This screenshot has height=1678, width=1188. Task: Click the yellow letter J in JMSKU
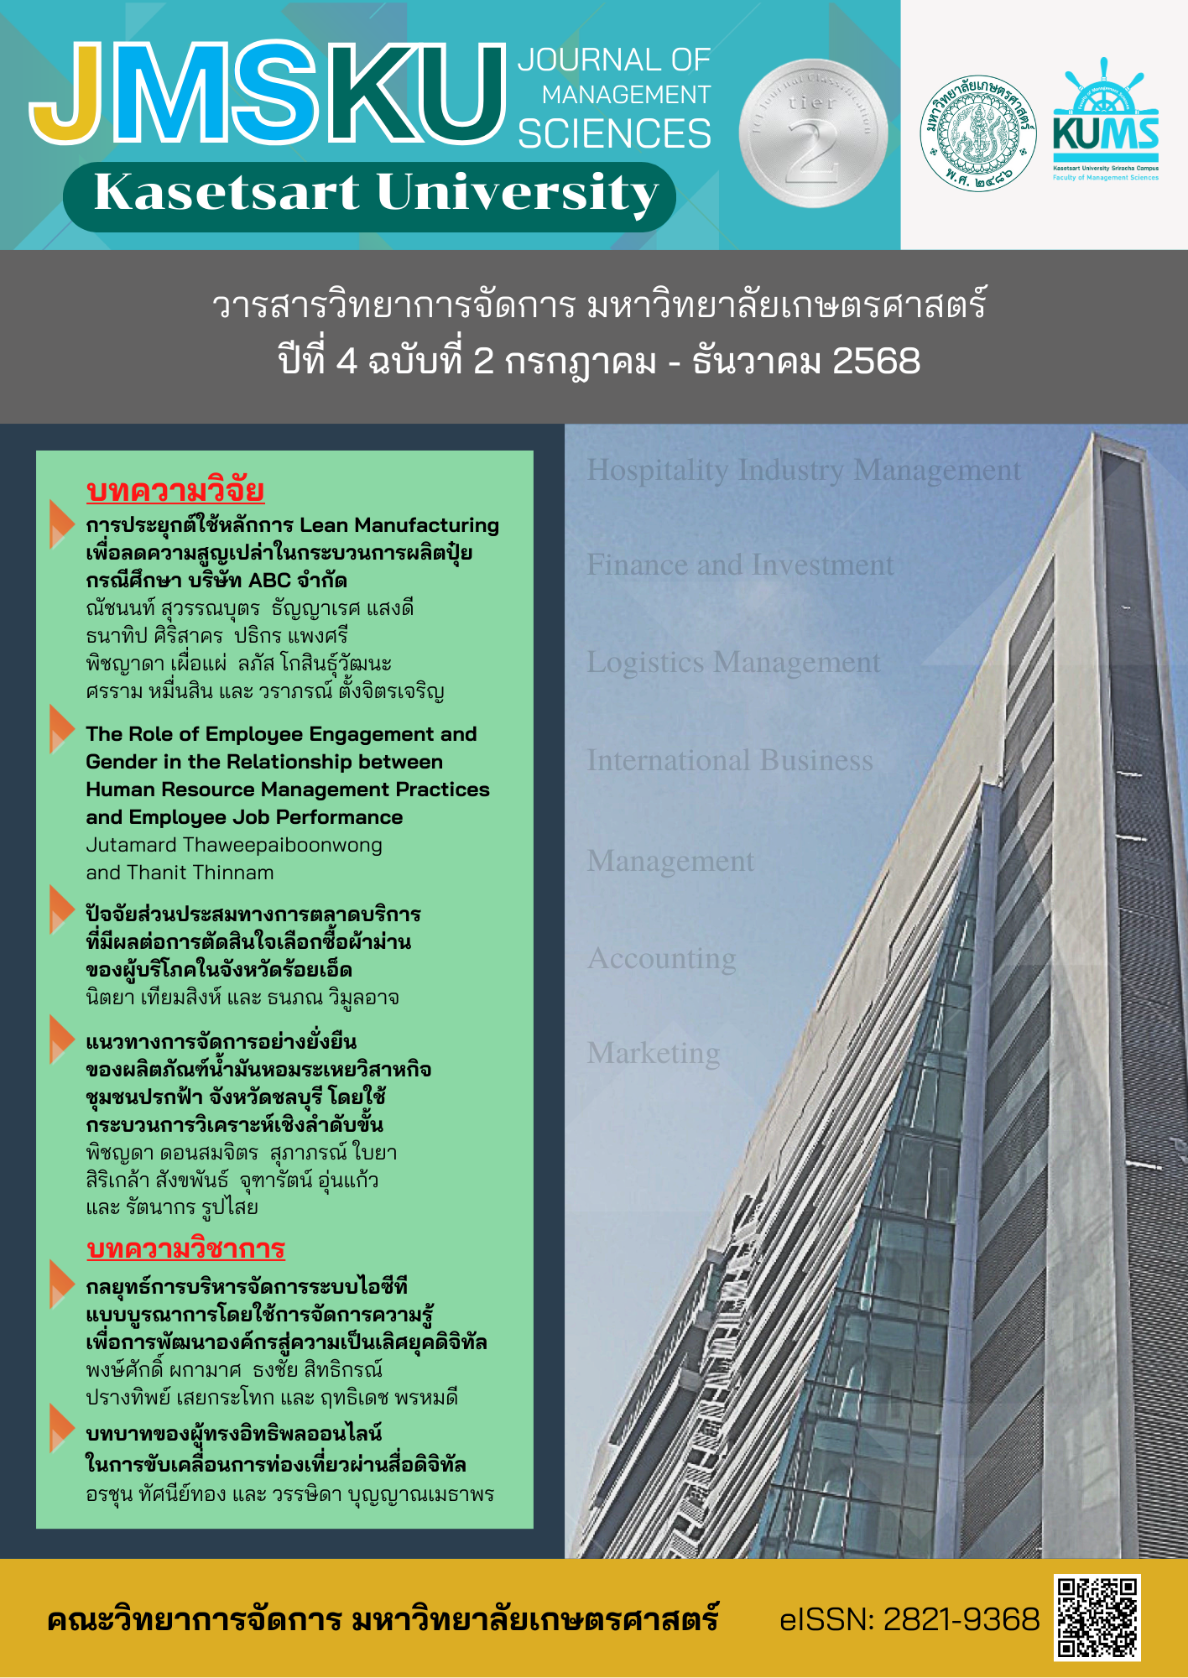tap(71, 96)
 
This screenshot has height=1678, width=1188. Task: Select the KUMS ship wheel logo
tap(1105, 122)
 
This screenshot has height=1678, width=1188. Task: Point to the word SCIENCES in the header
tap(614, 134)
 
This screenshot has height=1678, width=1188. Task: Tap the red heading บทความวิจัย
tap(175, 491)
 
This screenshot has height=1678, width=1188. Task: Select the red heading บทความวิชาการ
tap(185, 1248)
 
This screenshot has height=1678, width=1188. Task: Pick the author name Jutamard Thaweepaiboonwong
tap(234, 845)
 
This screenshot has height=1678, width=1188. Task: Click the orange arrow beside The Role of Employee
tap(62, 728)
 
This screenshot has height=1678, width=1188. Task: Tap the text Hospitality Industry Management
tap(804, 470)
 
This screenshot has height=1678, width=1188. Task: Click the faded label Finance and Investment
tap(740, 565)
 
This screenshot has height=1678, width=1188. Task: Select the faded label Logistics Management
tap(733, 663)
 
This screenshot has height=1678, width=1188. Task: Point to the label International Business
tap(730, 761)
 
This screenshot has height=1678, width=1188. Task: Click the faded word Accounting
tap(662, 958)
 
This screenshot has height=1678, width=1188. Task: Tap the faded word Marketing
tap(654, 1054)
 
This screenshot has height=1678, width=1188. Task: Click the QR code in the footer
tap(1097, 1618)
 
